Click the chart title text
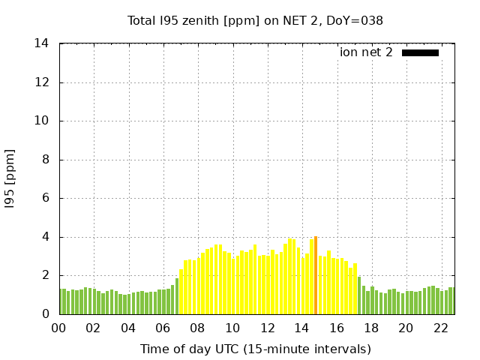[x=255, y=20]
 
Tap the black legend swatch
[x=420, y=52]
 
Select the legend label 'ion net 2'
[x=366, y=52]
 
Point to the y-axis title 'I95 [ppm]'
[x=10, y=179]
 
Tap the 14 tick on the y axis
[x=42, y=43]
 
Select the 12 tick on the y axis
[x=42, y=82]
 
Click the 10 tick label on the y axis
[x=42, y=121]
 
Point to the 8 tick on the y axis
[x=46, y=160]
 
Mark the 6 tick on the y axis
[x=46, y=199]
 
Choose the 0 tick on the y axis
[x=46, y=314]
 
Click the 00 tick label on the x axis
[x=59, y=328]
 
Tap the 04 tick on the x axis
[x=128, y=328]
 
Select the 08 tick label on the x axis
[x=198, y=328]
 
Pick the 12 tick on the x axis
[x=267, y=328]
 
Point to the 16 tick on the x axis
[x=337, y=328]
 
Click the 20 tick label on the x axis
[x=406, y=328]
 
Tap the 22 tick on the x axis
[x=440, y=328]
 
